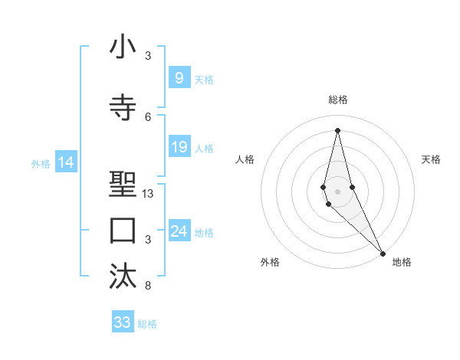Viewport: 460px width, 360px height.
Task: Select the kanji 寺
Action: tap(123, 107)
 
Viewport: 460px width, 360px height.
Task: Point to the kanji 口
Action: tap(123, 230)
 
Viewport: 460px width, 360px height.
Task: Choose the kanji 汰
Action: tap(123, 277)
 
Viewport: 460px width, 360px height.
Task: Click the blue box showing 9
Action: tap(179, 77)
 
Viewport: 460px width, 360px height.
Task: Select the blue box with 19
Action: tap(179, 147)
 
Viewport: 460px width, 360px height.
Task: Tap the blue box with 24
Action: tap(179, 231)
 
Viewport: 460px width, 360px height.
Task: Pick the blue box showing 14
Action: tap(65, 162)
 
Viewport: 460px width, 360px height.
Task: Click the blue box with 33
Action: tap(122, 322)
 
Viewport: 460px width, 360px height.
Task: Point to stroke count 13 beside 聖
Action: tap(148, 194)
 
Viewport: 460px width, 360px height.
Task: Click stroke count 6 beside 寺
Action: tap(148, 116)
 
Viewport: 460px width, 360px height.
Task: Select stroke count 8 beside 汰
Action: tap(148, 286)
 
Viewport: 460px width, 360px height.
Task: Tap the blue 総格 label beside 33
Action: tap(147, 324)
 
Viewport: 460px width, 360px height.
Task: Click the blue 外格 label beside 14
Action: tap(41, 164)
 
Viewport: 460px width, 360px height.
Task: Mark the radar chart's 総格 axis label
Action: tap(337, 100)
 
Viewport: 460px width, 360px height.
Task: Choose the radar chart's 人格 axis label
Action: tap(245, 159)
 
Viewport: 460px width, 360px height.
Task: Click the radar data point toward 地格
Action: tap(383, 252)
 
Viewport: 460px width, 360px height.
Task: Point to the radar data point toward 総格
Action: tap(337, 129)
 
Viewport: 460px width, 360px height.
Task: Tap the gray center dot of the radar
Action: tap(337, 190)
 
